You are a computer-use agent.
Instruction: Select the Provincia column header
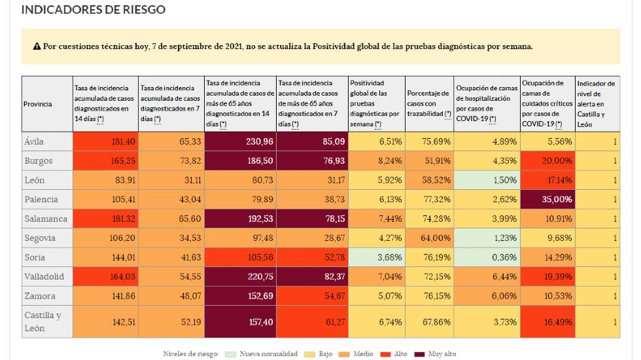click(x=37, y=104)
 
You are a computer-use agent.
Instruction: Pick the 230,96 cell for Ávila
click(x=240, y=141)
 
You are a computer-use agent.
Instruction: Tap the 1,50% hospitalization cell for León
click(x=487, y=180)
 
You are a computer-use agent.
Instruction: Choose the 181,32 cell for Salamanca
click(x=105, y=218)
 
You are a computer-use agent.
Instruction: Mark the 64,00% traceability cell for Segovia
click(x=428, y=238)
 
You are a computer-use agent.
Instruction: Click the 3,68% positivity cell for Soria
click(x=376, y=257)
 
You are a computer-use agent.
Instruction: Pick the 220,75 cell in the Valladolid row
click(x=240, y=276)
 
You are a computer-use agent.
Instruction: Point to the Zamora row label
click(x=40, y=296)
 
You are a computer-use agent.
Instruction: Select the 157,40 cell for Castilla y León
click(x=240, y=321)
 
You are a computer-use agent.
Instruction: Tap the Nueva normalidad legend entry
click(x=264, y=354)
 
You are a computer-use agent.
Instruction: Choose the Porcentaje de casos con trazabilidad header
click(x=428, y=103)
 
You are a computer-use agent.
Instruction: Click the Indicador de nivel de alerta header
click(x=596, y=103)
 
